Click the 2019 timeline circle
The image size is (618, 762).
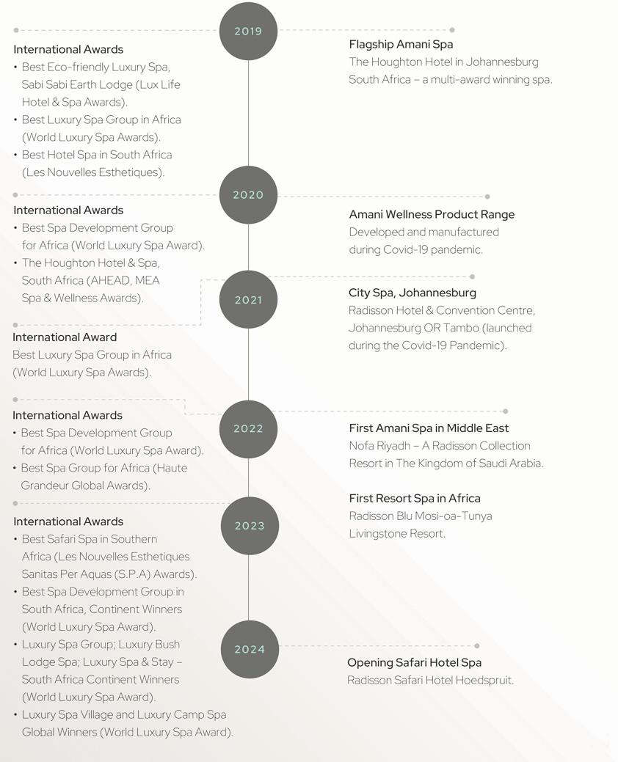248,32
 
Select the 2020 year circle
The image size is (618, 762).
248,195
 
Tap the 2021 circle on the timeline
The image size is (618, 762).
248,300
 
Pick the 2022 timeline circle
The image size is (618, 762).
248,429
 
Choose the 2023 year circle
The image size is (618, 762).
250,526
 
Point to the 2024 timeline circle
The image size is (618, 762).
250,649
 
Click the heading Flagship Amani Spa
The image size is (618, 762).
401,44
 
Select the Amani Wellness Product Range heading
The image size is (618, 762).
432,214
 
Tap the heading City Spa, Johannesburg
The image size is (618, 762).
412,293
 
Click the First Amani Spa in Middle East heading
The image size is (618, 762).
429,428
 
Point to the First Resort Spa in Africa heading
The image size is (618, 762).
415,499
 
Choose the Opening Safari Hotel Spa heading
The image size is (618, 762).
414,663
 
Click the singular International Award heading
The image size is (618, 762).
65,337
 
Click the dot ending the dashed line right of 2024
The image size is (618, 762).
477,646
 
